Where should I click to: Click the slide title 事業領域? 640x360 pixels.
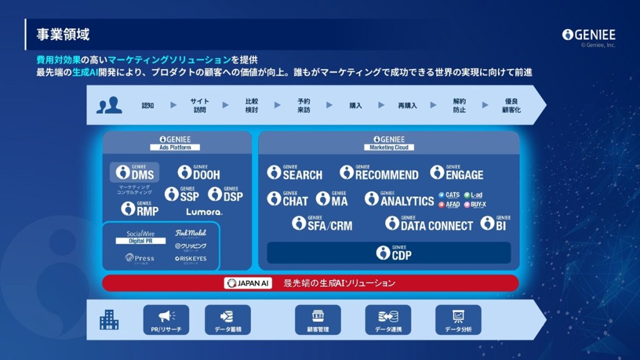pyautogui.click(x=62, y=34)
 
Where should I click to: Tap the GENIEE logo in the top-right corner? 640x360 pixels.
pyautogui.click(x=588, y=34)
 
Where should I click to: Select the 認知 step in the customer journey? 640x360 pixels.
pyautogui.click(x=147, y=106)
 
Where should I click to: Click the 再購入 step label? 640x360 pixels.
pyautogui.click(x=407, y=106)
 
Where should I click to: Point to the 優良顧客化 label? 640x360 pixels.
pyautogui.click(x=511, y=105)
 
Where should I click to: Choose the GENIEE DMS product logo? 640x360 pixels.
pyautogui.click(x=135, y=173)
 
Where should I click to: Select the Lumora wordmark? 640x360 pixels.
pyautogui.click(x=204, y=212)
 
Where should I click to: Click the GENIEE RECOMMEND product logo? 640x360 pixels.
pyautogui.click(x=379, y=173)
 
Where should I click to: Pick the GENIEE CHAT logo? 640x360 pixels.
pyautogui.click(x=287, y=199)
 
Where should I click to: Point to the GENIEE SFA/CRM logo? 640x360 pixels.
pyautogui.click(x=322, y=223)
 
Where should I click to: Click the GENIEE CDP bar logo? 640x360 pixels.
pyautogui.click(x=394, y=252)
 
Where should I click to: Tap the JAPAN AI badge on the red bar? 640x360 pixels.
pyautogui.click(x=247, y=283)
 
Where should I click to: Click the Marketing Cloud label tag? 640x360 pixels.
pyautogui.click(x=389, y=147)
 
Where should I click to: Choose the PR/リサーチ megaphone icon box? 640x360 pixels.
pyautogui.click(x=166, y=319)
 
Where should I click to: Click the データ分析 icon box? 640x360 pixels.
pyautogui.click(x=458, y=319)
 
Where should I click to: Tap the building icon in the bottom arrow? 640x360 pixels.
pyautogui.click(x=109, y=320)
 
